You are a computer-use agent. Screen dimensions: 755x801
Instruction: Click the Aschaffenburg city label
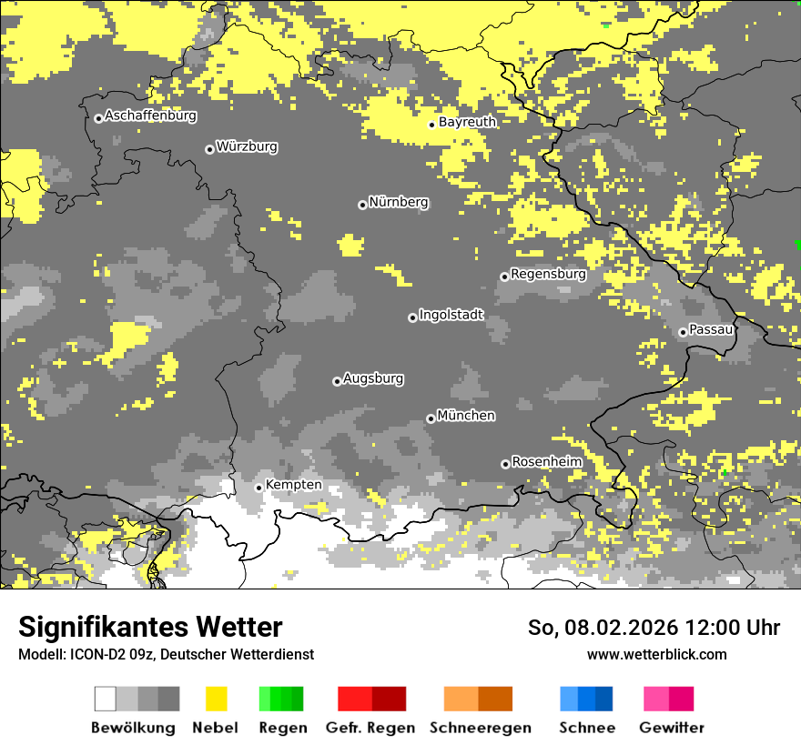click(x=150, y=116)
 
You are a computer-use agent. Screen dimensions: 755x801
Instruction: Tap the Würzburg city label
click(x=247, y=147)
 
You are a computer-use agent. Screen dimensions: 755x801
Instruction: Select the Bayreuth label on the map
click(x=467, y=122)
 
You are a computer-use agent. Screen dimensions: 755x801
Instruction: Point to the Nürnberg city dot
click(x=362, y=205)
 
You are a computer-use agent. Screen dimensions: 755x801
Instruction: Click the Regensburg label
click(x=548, y=274)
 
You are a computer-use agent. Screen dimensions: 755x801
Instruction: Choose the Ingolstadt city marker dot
click(x=412, y=317)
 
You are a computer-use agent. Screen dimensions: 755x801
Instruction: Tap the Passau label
click(x=712, y=329)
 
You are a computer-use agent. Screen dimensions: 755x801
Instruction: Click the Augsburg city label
click(x=373, y=378)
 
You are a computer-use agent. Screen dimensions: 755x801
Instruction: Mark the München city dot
click(x=431, y=418)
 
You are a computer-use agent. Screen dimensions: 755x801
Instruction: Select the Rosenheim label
click(x=546, y=462)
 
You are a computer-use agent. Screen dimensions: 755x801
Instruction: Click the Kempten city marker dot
click(x=259, y=488)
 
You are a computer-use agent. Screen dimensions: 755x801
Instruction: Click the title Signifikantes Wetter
click(x=150, y=627)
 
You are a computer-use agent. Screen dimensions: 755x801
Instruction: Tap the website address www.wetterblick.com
click(x=656, y=654)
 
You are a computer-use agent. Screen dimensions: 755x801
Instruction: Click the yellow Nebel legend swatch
click(x=216, y=699)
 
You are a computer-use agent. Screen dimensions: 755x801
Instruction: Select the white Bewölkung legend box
click(x=106, y=699)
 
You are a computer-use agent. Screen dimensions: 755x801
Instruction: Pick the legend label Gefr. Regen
click(x=370, y=728)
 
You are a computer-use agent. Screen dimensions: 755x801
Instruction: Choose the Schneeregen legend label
click(x=481, y=728)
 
